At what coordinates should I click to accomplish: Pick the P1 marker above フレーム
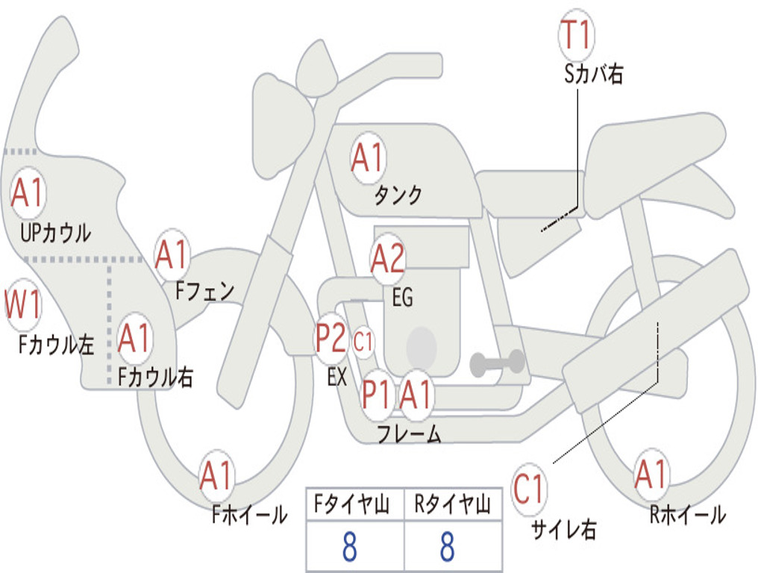point(377,394)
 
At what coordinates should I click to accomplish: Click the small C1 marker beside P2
point(363,343)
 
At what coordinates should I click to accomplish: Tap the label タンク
point(398,195)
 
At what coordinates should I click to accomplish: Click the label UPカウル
point(56,233)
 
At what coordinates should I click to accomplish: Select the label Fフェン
point(205,291)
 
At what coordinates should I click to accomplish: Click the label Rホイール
point(687,514)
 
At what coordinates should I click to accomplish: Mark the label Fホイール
point(249,514)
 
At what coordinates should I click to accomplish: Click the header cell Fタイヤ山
point(354,505)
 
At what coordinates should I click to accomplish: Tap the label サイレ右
point(563,530)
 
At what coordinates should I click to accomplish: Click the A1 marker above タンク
point(367,158)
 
